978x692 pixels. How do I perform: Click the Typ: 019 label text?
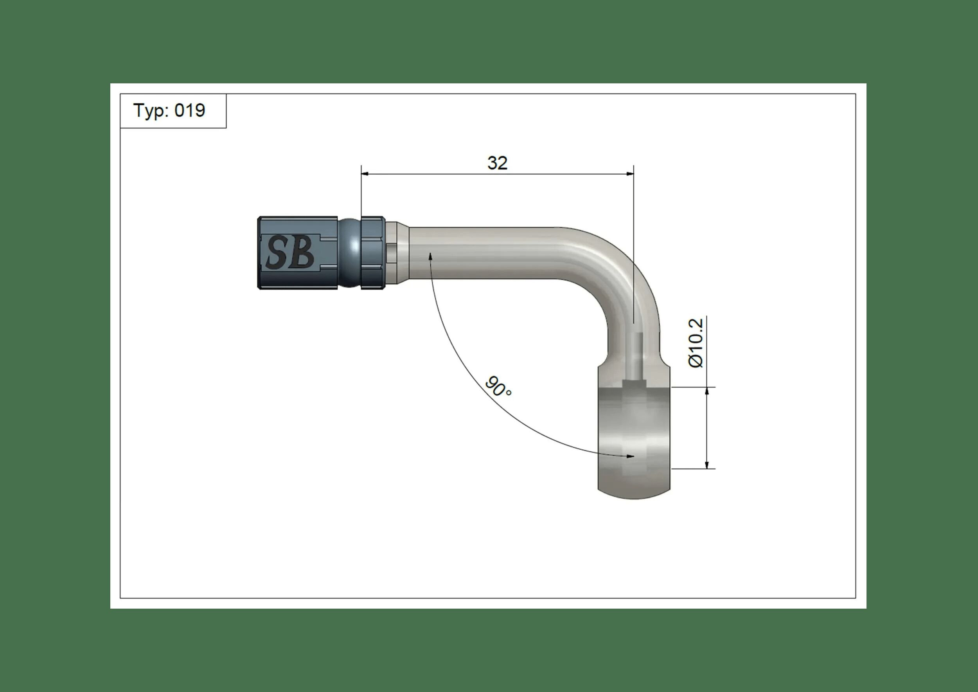(169, 111)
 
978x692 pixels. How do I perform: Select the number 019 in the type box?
(190, 111)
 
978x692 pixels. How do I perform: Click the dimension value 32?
(497, 163)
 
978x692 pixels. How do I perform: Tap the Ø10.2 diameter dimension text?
(696, 343)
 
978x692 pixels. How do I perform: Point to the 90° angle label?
(498, 386)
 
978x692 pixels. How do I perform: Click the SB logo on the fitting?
(290, 253)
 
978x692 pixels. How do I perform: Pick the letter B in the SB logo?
(302, 253)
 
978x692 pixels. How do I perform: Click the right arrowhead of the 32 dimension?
(630, 174)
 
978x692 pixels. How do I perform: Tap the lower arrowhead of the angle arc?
(631, 456)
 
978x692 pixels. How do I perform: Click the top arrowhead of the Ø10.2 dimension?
(707, 391)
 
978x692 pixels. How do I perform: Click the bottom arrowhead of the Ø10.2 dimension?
(707, 465)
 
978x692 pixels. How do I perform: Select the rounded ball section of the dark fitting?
(350, 253)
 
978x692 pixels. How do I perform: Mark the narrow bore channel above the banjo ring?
(635, 354)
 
